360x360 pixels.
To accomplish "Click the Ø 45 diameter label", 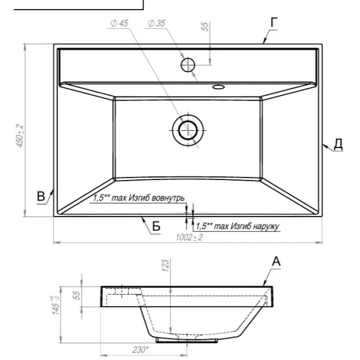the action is [x=119, y=23].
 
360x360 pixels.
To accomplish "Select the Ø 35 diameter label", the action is [x=157, y=23].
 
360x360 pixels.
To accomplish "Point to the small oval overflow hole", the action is [x=218, y=87].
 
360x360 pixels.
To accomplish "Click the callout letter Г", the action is [x=274, y=23].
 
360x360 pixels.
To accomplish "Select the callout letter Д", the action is [x=338, y=144].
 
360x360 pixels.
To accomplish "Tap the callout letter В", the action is [x=41, y=197].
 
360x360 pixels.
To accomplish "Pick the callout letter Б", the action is [x=156, y=226].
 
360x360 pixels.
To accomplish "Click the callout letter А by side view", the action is [x=276, y=262].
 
